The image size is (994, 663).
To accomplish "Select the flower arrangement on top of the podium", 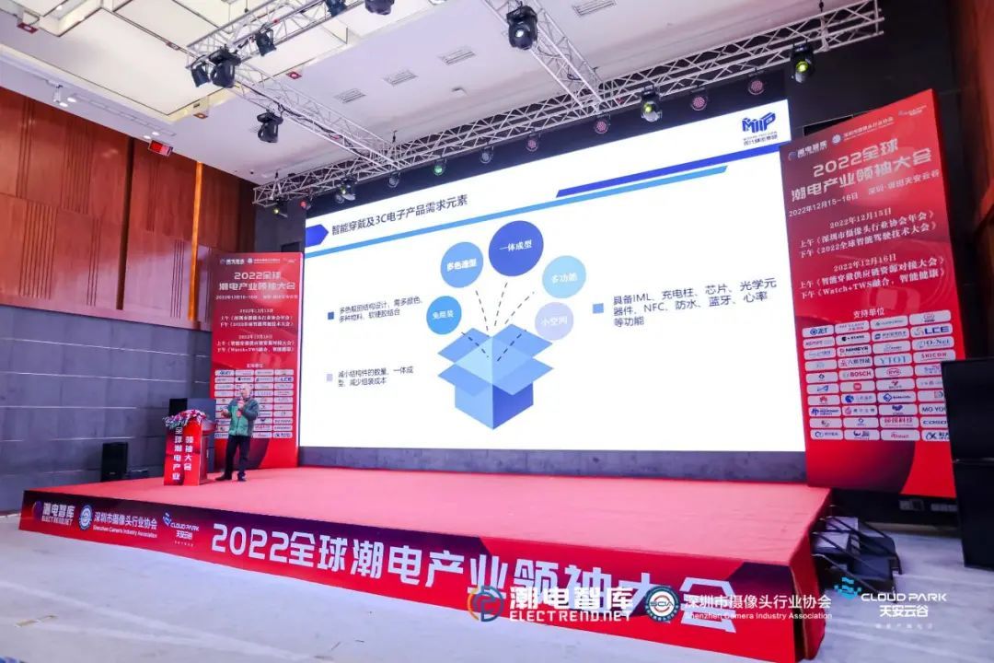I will [186, 419].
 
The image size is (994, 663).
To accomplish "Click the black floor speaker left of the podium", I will [114, 460].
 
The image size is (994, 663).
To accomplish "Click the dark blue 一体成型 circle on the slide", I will [515, 248].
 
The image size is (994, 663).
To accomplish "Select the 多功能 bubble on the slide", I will [563, 276].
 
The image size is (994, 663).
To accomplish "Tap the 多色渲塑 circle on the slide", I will [461, 264].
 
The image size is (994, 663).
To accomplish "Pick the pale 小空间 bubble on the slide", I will [554, 320].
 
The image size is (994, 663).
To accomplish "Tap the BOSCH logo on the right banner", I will [855, 374].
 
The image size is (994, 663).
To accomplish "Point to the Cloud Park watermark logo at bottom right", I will [889, 599].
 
